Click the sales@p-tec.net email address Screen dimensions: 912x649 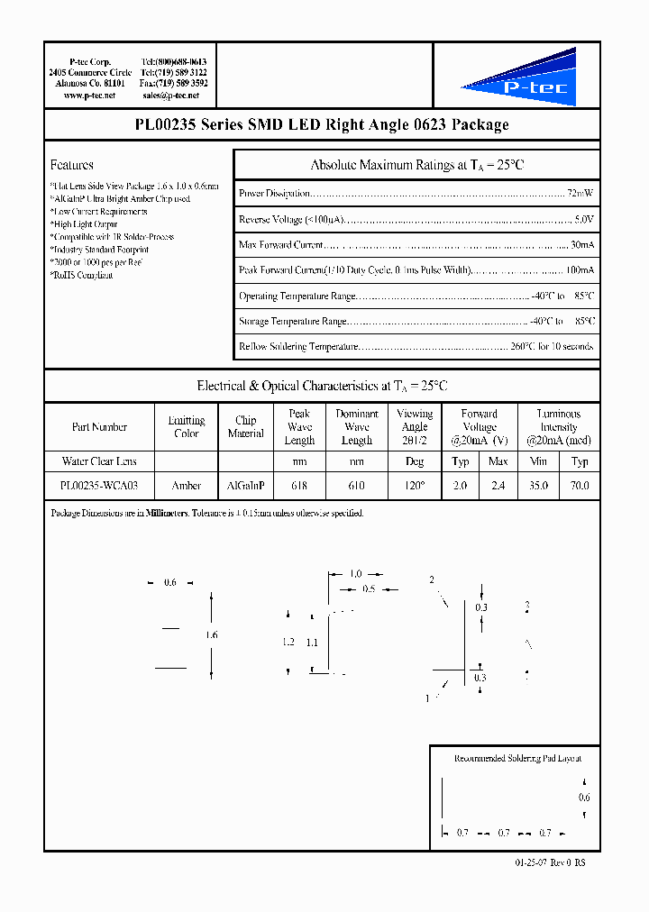coord(174,95)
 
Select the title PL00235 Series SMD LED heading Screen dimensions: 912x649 coord(322,125)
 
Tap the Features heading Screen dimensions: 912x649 coord(72,165)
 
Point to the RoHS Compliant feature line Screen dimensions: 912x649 coord(82,275)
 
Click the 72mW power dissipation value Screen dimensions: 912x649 coord(580,194)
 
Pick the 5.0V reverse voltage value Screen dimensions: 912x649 coord(583,219)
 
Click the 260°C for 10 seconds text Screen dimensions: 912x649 coord(552,346)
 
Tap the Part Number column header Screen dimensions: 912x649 coord(99,427)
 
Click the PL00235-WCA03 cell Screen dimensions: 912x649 coord(99,485)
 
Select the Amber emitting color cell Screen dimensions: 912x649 coord(187,485)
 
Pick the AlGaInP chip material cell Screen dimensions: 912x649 coord(245,485)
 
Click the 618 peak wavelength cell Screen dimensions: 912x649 coord(299,485)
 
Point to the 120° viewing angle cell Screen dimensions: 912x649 coord(414,485)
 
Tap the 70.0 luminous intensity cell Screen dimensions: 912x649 coord(580,485)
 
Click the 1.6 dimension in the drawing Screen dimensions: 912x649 coord(213,635)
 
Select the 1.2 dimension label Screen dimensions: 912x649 coord(288,642)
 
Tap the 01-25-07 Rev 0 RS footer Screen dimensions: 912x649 coord(550,862)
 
